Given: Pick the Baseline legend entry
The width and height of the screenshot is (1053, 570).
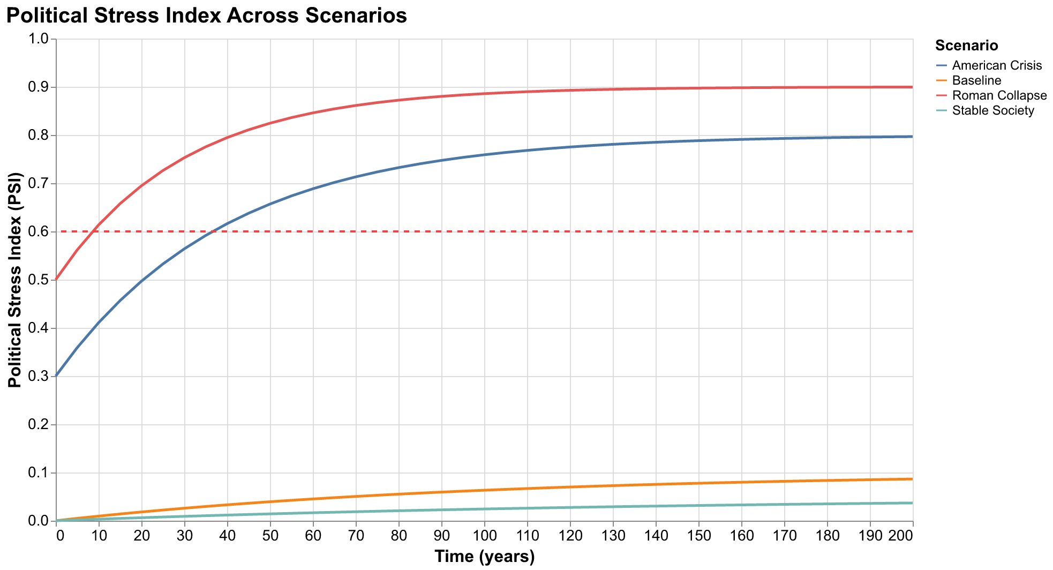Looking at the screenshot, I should click(976, 81).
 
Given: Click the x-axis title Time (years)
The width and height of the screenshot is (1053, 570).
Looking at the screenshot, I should click(484, 557).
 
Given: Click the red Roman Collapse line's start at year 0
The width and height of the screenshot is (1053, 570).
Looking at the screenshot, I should click(57, 280).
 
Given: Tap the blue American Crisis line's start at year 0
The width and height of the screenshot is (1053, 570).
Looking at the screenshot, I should click(57, 376).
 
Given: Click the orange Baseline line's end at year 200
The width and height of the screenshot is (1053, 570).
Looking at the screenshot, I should click(912, 479).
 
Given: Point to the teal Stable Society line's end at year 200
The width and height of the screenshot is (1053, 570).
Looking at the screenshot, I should click(912, 503).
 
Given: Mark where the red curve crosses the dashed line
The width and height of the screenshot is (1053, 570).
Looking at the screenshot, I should click(94, 231).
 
